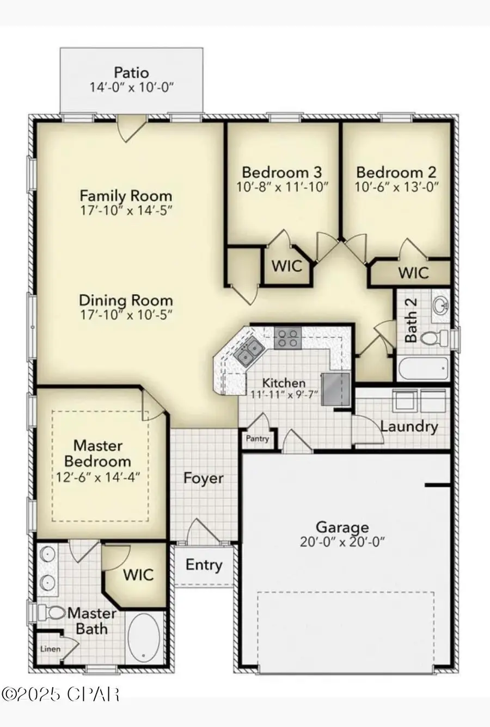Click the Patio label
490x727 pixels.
(131, 72)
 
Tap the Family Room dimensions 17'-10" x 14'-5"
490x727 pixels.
(126, 210)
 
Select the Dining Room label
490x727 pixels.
(126, 300)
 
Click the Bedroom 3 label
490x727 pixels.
(281, 172)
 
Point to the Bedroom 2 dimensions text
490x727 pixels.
(396, 187)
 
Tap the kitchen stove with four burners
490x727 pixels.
(287, 338)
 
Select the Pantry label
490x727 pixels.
(257, 438)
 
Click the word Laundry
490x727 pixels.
(409, 426)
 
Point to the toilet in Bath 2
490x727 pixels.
(430, 339)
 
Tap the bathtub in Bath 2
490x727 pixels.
(423, 369)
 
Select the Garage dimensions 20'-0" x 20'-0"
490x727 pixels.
(342, 542)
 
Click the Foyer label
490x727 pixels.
(203, 479)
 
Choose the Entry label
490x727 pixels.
(204, 565)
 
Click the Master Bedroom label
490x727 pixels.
(98, 453)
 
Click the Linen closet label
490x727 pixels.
(50, 649)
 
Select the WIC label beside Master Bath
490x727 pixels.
(138, 575)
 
